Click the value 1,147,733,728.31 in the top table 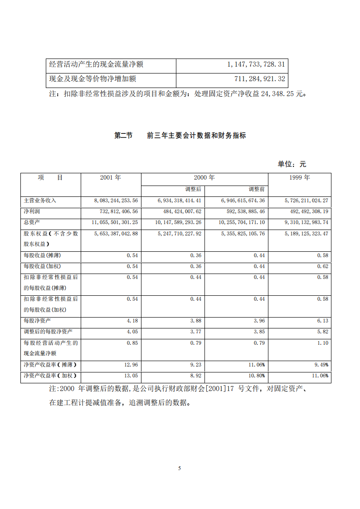coord(256,64)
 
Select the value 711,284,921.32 coord(260,79)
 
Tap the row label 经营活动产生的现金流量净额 coord(96,64)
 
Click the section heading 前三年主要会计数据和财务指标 coord(196,135)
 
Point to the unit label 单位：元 coord(292,164)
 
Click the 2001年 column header coord(111,178)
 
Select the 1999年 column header coord(299,178)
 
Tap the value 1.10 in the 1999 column coord(323,343)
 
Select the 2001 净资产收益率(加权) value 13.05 coord(131,376)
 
